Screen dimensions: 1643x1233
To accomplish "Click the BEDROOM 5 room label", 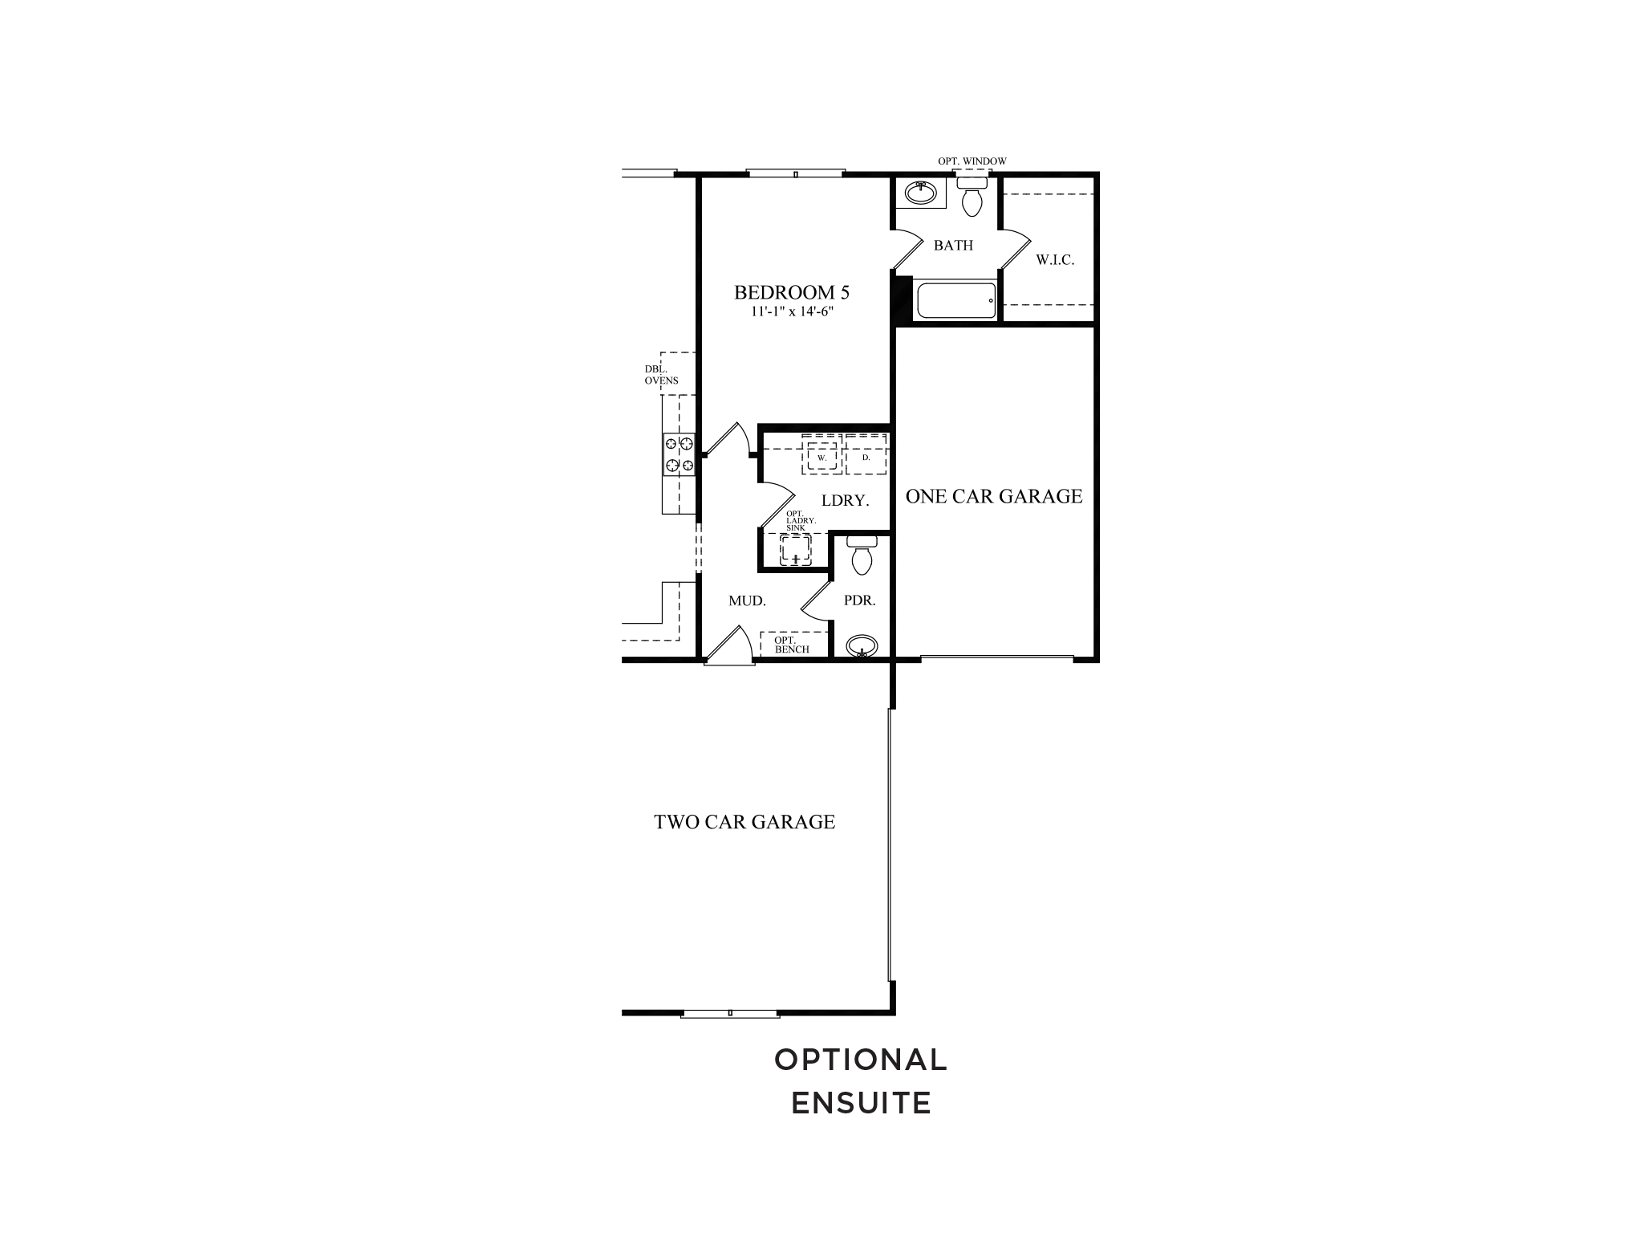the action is [x=791, y=293].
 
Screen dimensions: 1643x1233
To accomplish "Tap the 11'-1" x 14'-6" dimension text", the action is [x=792, y=311].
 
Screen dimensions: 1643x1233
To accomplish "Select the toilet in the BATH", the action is [x=972, y=197].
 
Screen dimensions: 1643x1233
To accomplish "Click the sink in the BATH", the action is [x=921, y=193].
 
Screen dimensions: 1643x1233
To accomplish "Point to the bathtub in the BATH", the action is [x=955, y=301].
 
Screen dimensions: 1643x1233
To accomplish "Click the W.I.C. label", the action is [x=1055, y=260].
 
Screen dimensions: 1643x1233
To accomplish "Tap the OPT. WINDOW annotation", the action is [x=972, y=161].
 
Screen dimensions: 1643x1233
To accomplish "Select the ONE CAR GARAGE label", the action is [x=994, y=496].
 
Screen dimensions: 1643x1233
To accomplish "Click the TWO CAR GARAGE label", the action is [x=744, y=822].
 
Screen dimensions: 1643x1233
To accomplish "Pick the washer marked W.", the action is [x=821, y=457].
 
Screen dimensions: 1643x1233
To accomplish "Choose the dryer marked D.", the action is [x=866, y=457].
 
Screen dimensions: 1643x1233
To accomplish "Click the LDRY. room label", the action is [x=846, y=501].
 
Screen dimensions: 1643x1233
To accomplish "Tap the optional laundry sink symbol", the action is [x=796, y=550].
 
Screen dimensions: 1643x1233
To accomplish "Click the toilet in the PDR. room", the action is [x=862, y=555].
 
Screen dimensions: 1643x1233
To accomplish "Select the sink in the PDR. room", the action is [x=862, y=645].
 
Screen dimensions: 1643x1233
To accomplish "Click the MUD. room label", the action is [x=747, y=600].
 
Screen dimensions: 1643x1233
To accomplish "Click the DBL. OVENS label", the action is [x=661, y=375].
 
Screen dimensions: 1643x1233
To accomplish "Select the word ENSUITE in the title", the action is [x=861, y=1103].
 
